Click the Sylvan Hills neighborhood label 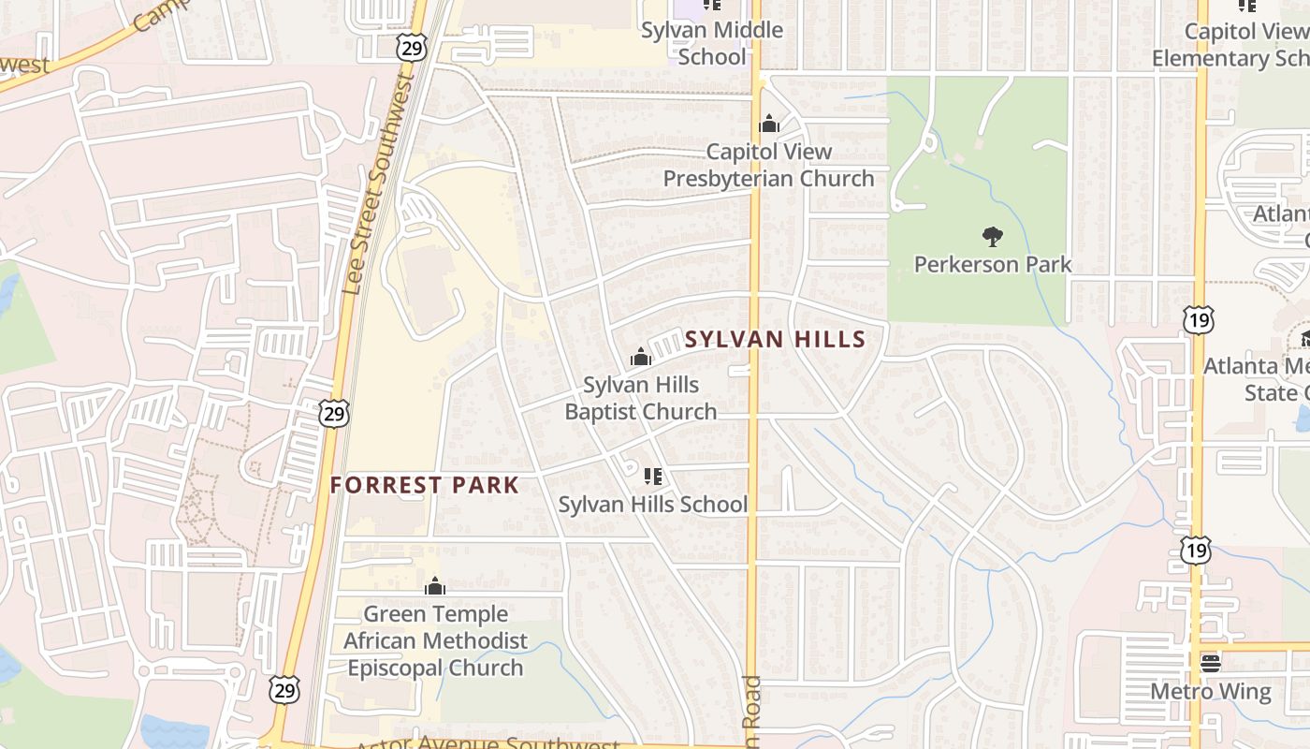(775, 339)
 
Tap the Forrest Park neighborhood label (424, 485)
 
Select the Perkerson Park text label (993, 264)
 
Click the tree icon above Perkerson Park (993, 236)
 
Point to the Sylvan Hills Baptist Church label (641, 398)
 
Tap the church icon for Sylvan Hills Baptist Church (641, 357)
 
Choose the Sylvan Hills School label (653, 505)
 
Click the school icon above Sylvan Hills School (653, 477)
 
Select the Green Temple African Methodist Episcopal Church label (435, 641)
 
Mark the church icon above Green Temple (434, 587)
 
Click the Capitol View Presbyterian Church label (768, 165)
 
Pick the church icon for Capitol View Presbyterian (769, 124)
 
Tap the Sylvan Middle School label (712, 43)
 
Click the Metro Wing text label (1211, 692)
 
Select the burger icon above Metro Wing (1211, 664)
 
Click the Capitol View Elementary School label (1230, 44)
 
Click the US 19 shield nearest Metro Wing (1196, 551)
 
